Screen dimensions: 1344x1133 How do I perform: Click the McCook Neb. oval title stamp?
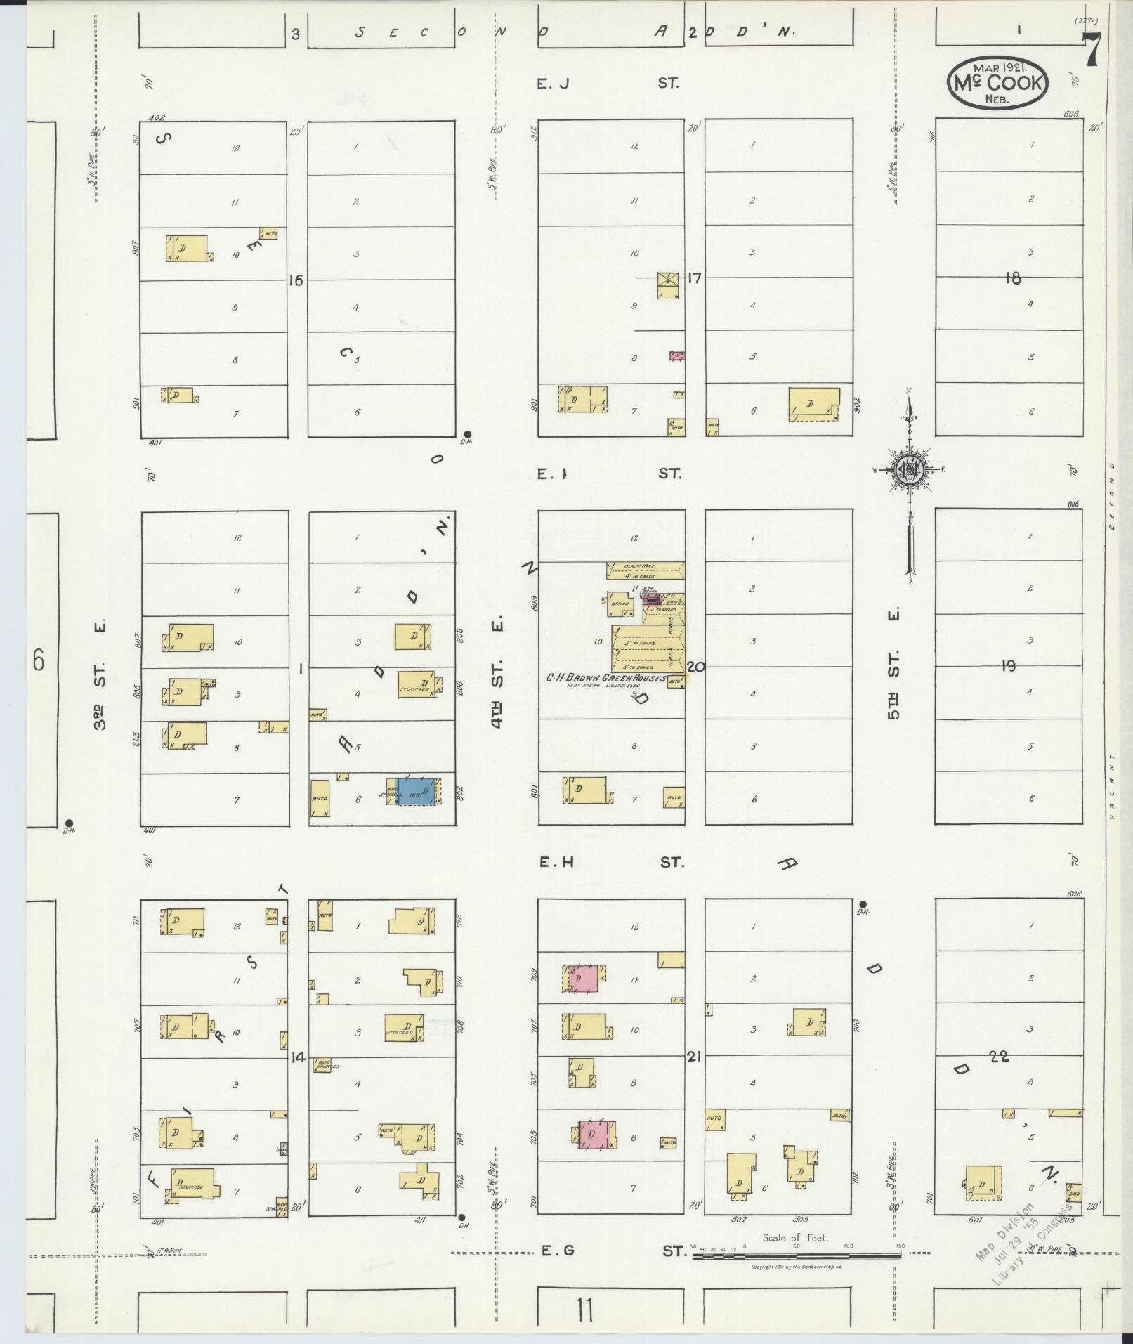(x=997, y=84)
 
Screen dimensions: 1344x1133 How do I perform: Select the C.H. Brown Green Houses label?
(x=606, y=678)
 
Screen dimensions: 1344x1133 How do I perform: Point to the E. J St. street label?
(x=608, y=84)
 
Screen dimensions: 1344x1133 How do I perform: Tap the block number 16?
(x=295, y=280)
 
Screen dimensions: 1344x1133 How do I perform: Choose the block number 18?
(x=1012, y=278)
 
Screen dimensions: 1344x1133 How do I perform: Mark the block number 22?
(x=999, y=1056)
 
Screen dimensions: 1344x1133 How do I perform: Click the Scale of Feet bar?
(x=797, y=1253)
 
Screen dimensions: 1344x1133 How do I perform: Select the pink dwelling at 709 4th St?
(x=582, y=978)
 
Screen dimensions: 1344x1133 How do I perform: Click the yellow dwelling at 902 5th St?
(x=813, y=404)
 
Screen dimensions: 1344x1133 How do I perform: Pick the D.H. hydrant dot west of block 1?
(x=69, y=823)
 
